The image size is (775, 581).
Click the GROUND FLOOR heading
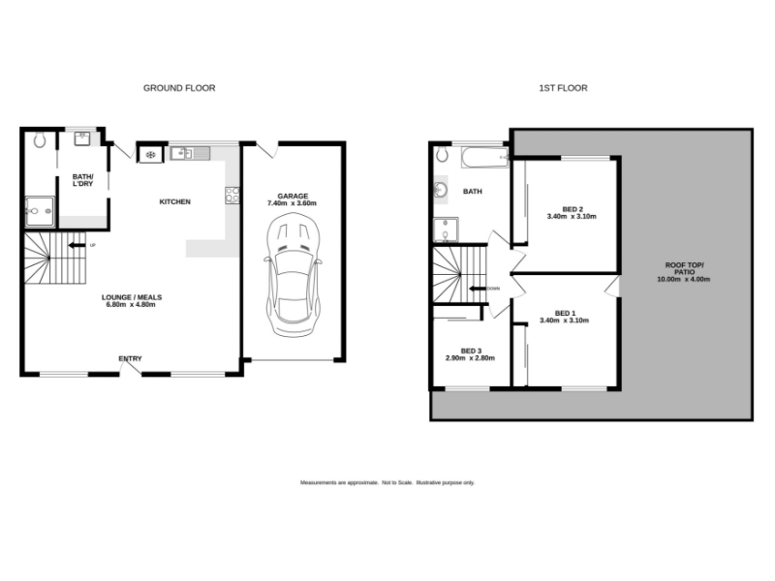click(179, 88)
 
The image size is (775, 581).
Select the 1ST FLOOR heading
click(563, 88)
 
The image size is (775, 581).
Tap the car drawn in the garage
click(294, 275)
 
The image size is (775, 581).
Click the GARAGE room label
click(293, 197)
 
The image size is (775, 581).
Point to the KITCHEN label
click(175, 201)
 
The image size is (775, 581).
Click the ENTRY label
click(130, 358)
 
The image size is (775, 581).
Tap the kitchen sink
click(190, 153)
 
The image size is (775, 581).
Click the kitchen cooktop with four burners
click(232, 196)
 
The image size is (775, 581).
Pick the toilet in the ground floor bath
click(40, 139)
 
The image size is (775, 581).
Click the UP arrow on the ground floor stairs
click(77, 245)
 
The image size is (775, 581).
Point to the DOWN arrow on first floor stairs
click(477, 289)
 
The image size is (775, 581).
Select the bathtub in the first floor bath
click(485, 158)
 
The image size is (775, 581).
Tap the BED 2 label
click(573, 209)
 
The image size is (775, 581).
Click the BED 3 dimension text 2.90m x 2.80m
click(470, 358)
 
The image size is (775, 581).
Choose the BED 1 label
click(565, 313)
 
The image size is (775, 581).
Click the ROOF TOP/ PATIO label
click(684, 269)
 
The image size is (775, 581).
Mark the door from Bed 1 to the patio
click(613, 287)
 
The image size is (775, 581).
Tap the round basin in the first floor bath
click(441, 190)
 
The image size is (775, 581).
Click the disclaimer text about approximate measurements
click(387, 482)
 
